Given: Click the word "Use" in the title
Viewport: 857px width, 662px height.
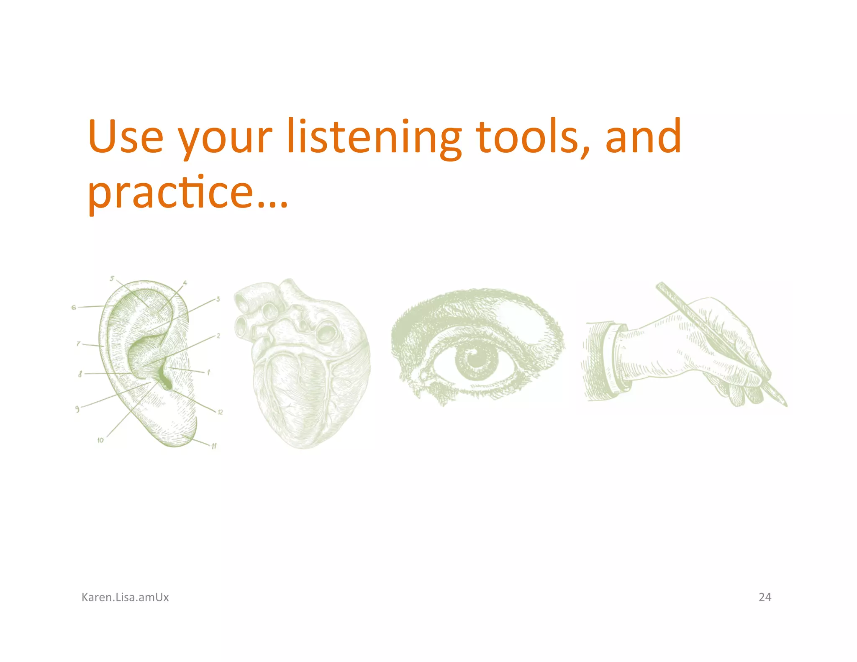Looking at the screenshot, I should pos(126,137).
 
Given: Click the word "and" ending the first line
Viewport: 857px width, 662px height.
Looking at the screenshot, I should pos(643,137).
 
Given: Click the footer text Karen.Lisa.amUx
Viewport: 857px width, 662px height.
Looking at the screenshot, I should pos(125,597).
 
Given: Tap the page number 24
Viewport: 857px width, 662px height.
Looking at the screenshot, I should pos(765,597).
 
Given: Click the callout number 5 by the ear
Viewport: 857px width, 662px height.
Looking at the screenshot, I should pos(112,278).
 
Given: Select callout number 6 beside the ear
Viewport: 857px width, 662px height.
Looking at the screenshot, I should pos(74,307).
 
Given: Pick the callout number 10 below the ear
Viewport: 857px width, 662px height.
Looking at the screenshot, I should pos(100,440).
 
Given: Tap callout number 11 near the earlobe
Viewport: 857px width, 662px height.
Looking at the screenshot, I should pos(214,446).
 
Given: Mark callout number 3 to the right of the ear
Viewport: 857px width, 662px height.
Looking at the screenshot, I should pos(218,299).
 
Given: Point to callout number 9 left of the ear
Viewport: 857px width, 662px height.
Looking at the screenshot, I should pos(77,409).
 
